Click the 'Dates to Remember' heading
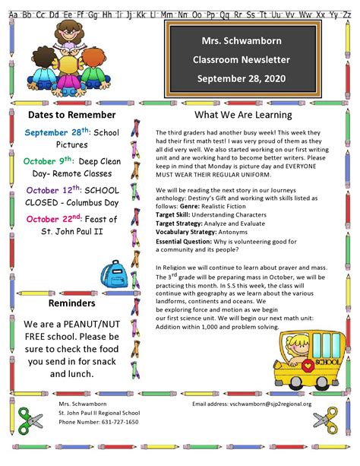(71, 115)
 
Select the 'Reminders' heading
(71, 303)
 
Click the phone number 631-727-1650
(99, 422)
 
